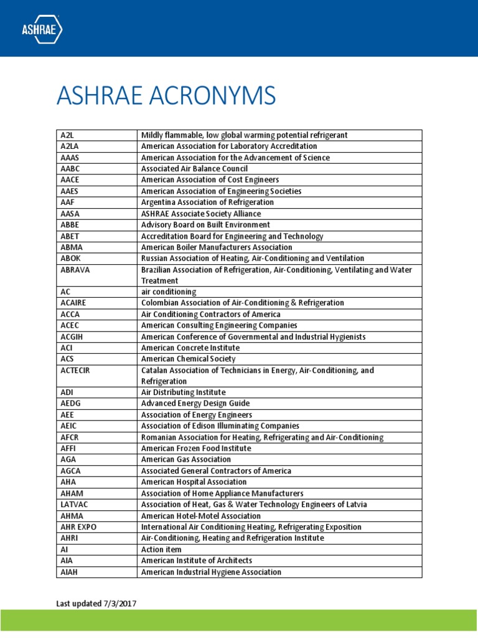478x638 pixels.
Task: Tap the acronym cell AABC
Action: pos(69,169)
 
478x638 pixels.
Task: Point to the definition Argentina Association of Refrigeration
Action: pos(207,202)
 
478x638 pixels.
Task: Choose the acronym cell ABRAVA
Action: pos(73,270)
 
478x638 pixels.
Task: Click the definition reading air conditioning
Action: pos(169,292)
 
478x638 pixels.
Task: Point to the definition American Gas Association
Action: pos(186,459)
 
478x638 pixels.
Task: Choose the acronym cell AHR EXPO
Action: pos(78,526)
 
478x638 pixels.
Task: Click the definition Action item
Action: pos(161,549)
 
